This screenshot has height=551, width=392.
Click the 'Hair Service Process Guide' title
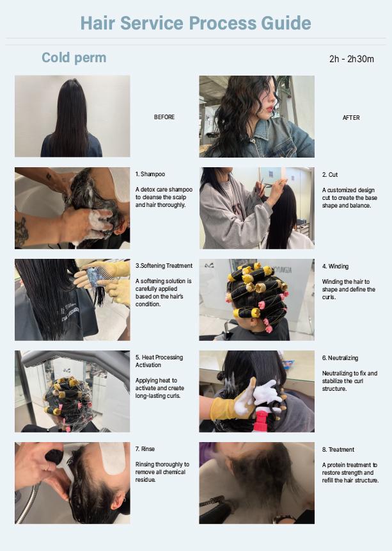pyautogui.click(x=196, y=23)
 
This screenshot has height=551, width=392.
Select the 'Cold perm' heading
pyautogui.click(x=74, y=58)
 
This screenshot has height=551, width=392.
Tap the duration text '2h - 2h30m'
pyautogui.click(x=351, y=59)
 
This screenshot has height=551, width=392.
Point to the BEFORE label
pyautogui.click(x=164, y=117)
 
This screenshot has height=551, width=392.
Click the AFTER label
pyautogui.click(x=351, y=118)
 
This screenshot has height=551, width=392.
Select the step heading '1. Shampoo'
pyautogui.click(x=150, y=174)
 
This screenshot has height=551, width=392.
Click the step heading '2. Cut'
pyautogui.click(x=330, y=175)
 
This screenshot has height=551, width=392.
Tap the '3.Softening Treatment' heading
pyautogui.click(x=164, y=266)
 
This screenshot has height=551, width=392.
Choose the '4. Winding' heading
pyautogui.click(x=335, y=267)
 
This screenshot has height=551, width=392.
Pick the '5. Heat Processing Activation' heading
pyautogui.click(x=159, y=361)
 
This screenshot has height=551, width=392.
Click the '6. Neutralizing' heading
pyautogui.click(x=340, y=358)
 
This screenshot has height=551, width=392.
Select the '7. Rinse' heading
pyautogui.click(x=145, y=449)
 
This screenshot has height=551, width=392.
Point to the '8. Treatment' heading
pyautogui.click(x=338, y=450)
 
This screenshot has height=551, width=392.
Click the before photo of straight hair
pyautogui.click(x=72, y=116)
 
